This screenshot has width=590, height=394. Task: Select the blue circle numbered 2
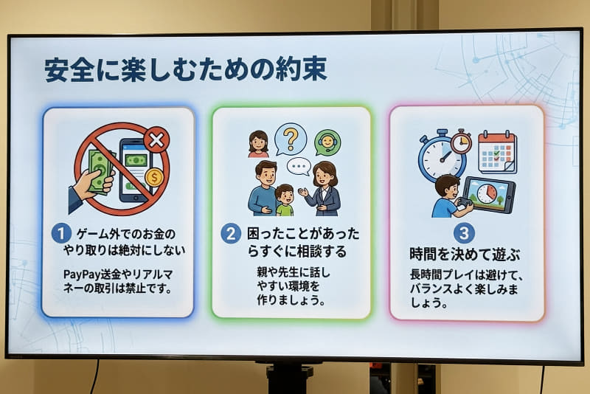pyautogui.click(x=231, y=234)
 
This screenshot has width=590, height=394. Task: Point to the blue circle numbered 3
pyautogui.click(x=464, y=234)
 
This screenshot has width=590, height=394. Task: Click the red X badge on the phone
pyautogui.click(x=156, y=139)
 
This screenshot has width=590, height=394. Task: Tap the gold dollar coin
pyautogui.click(x=154, y=177)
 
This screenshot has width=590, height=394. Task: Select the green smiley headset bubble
pyautogui.click(x=328, y=142)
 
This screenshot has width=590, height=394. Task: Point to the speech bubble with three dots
pyautogui.click(x=299, y=166)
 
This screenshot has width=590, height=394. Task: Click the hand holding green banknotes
pyautogui.click(x=93, y=177)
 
